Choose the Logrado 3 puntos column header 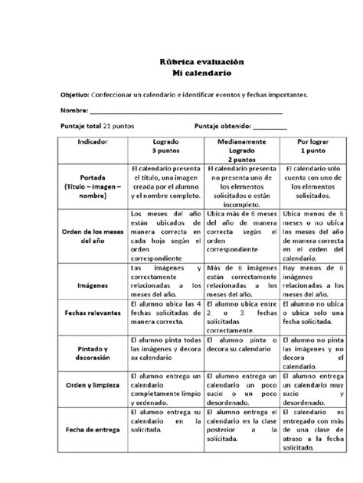pyautogui.click(x=165, y=147)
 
